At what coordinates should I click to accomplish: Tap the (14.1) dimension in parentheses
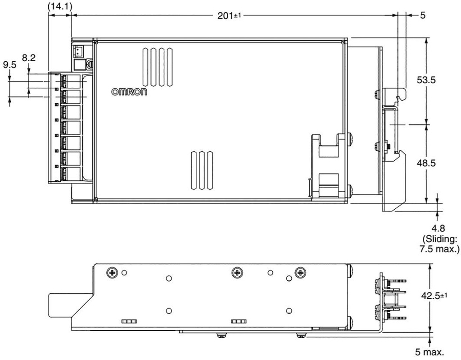59,5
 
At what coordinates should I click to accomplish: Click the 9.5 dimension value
9,65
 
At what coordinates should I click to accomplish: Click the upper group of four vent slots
158,67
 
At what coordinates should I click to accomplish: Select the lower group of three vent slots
202,170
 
